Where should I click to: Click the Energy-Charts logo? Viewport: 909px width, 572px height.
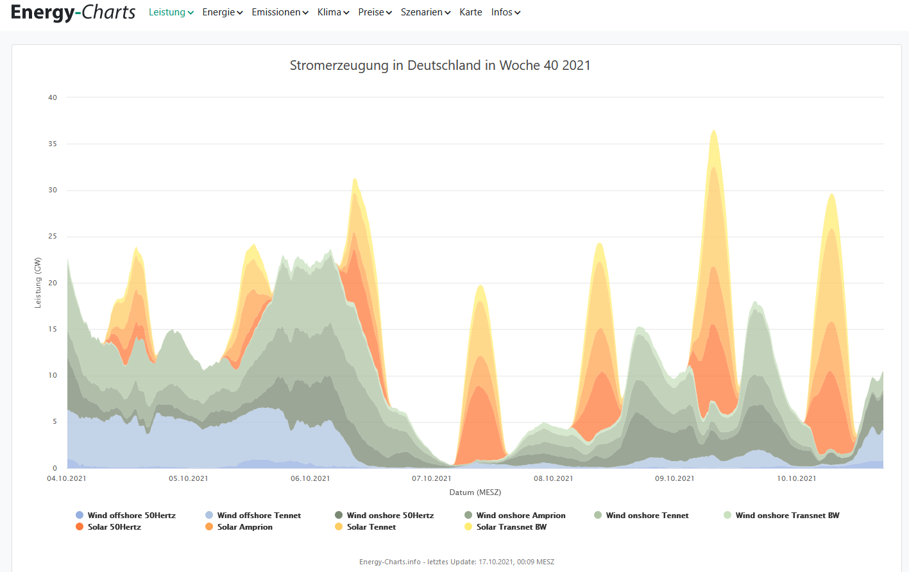pyautogui.click(x=73, y=12)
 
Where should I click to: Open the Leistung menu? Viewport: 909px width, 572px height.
pyautogui.click(x=171, y=12)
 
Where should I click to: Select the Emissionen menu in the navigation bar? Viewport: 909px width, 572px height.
pyautogui.click(x=280, y=12)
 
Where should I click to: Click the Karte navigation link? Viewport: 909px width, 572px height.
pyautogui.click(x=470, y=12)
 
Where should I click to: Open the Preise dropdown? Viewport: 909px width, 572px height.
pyautogui.click(x=375, y=12)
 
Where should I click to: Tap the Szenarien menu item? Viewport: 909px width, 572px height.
pyautogui.click(x=425, y=12)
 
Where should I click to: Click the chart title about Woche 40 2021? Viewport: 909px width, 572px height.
pyautogui.click(x=440, y=65)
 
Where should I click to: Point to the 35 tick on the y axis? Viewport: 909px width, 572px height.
pyautogui.click(x=53, y=144)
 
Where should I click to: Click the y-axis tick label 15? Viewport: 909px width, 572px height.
pyautogui.click(x=53, y=329)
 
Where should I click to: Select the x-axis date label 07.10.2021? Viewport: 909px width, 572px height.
pyautogui.click(x=431, y=478)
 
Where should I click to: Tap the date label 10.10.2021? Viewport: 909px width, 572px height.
pyautogui.click(x=796, y=478)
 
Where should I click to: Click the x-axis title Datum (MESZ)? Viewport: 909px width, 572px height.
pyautogui.click(x=475, y=492)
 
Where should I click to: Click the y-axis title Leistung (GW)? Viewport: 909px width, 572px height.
pyautogui.click(x=38, y=283)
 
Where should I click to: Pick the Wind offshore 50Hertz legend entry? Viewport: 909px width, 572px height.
pyautogui.click(x=131, y=515)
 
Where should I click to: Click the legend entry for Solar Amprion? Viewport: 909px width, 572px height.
pyautogui.click(x=244, y=527)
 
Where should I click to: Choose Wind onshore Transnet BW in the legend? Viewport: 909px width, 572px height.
pyautogui.click(x=786, y=515)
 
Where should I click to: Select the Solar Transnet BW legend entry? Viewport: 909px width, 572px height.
pyautogui.click(x=511, y=527)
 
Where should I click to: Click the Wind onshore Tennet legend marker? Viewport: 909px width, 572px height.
pyautogui.click(x=598, y=515)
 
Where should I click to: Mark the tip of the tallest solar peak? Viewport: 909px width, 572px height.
pyautogui.click(x=713, y=131)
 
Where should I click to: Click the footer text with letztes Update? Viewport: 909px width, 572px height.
pyautogui.click(x=456, y=562)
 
